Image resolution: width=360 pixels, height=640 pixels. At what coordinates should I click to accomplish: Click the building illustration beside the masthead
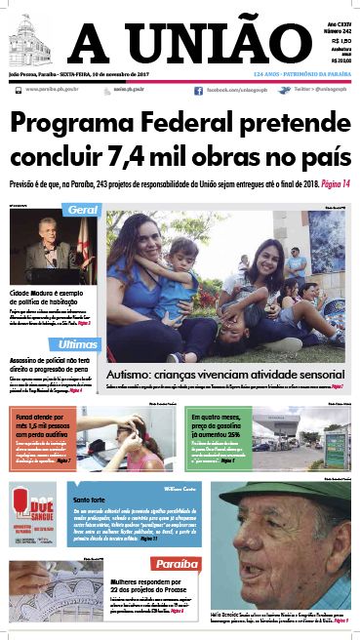32,40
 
